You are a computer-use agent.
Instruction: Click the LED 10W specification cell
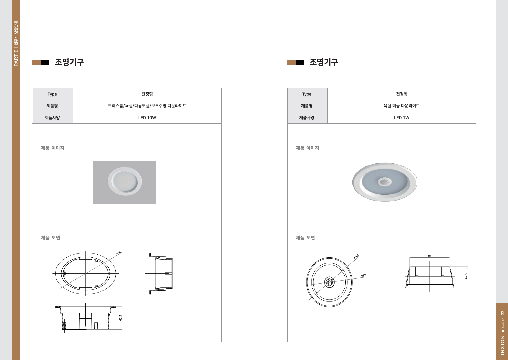(x=147, y=118)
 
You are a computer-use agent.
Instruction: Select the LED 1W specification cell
(x=401, y=118)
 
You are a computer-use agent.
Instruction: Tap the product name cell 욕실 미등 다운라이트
(x=401, y=106)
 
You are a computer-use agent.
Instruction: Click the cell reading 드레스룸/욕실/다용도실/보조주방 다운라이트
(x=147, y=106)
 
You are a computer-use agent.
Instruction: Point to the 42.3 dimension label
(x=120, y=318)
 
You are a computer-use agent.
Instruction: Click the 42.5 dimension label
(x=466, y=276)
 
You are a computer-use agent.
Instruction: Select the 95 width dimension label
(x=430, y=256)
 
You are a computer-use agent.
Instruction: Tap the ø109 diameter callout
(x=356, y=257)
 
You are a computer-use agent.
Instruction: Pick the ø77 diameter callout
(x=363, y=276)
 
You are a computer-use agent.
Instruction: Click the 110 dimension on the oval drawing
(x=119, y=253)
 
